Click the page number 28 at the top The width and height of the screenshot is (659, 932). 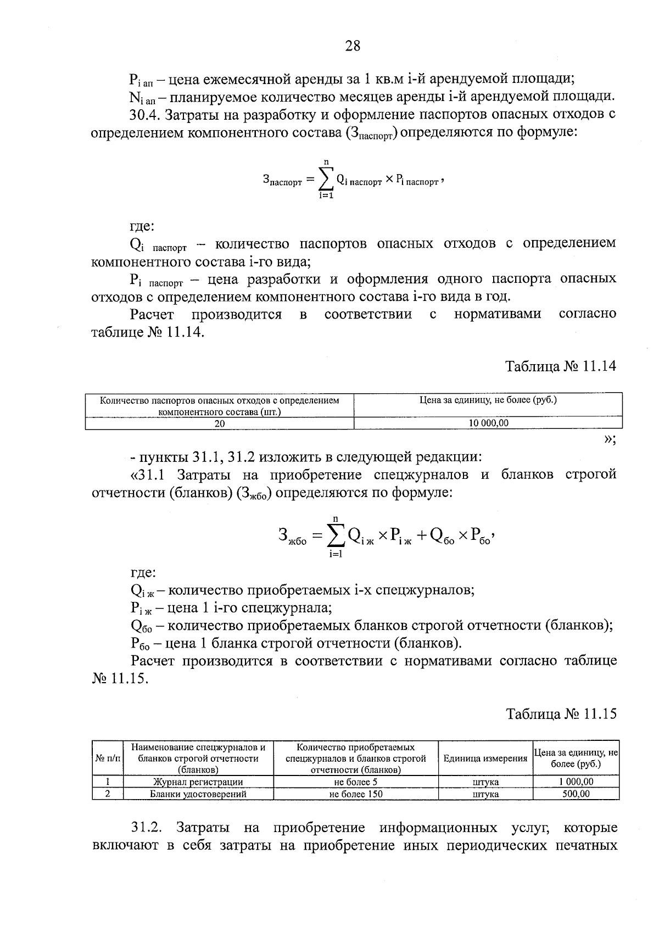pos(353,46)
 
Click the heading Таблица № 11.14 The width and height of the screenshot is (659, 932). pos(561,366)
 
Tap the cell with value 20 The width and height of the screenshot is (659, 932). pos(220,423)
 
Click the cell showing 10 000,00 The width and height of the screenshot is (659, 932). pos(488,423)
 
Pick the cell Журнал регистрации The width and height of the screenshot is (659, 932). pos(198,782)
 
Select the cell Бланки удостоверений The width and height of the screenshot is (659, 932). pos(198,794)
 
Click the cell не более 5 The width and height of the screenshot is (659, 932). pos(355,782)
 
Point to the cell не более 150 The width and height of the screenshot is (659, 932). pos(355,794)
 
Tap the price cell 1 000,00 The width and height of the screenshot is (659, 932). pos(576,782)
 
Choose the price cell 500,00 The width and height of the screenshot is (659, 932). pos(576,794)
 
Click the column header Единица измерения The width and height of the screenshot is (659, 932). pos(485,758)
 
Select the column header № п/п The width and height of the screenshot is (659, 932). pos(108,758)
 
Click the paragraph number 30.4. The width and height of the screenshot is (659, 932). pos(144,115)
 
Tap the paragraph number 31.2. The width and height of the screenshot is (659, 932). pos(146,828)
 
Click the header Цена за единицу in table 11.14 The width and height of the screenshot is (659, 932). pos(488,400)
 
